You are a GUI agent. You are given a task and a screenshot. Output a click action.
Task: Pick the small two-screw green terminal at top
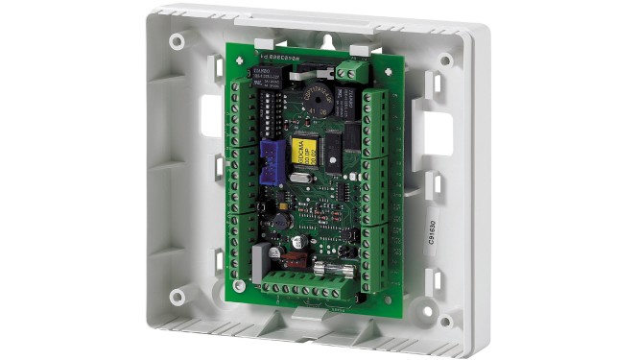[353, 71]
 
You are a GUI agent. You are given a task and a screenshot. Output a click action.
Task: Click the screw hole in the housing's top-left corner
[178, 42]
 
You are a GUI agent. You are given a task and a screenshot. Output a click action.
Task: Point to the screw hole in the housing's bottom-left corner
[178, 297]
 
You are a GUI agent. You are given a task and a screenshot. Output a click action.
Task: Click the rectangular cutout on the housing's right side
[438, 132]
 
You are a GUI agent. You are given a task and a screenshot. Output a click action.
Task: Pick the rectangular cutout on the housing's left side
[211, 116]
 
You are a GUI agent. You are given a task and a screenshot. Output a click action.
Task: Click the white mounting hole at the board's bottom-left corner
[236, 284]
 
